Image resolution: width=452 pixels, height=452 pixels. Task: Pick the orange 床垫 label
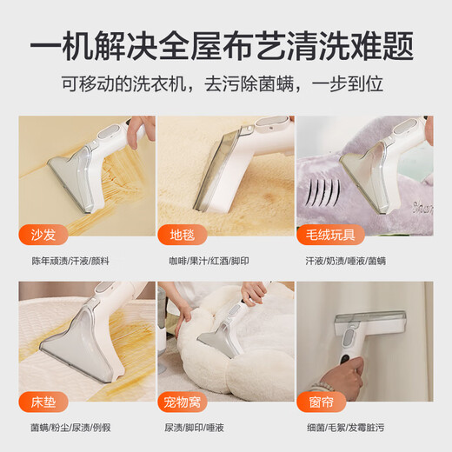coord(42,402)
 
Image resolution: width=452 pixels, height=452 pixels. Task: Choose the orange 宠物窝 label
coord(186,402)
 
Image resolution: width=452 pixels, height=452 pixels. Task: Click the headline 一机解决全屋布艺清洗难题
coord(225,45)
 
